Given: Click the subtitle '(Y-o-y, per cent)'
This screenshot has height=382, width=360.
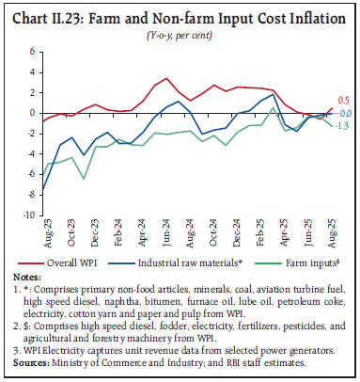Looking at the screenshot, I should coord(180,27).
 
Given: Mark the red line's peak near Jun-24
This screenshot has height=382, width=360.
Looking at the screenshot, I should coord(165,79).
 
